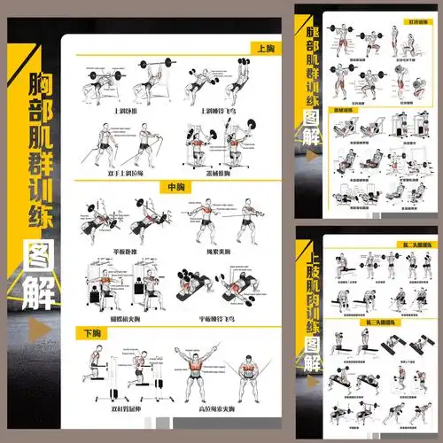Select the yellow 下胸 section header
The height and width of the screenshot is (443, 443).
coord(92,333)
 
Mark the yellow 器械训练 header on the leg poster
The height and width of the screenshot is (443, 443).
coord(342,111)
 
